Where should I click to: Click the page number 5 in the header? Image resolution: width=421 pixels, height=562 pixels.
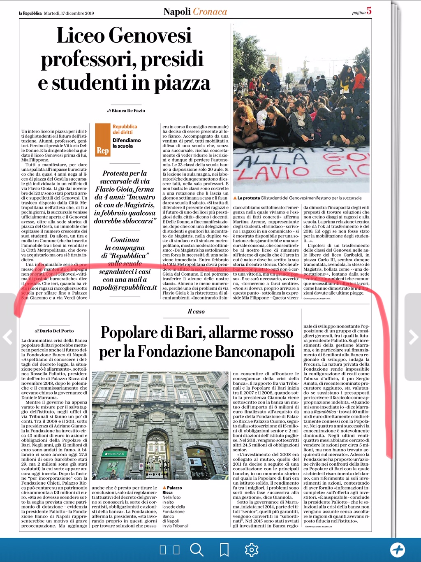369,11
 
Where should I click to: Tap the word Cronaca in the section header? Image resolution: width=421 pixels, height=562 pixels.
210,12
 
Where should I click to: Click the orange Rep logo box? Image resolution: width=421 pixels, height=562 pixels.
102,140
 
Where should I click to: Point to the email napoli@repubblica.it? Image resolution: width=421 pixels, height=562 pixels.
125,288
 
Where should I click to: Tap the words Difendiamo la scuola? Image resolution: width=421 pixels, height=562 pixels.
126,143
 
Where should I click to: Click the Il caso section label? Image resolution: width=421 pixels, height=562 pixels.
196,311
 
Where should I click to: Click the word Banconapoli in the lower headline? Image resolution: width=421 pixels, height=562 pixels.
254,352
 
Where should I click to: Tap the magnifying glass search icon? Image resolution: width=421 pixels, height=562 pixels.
197,550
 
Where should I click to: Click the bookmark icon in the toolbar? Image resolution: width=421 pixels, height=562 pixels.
224,550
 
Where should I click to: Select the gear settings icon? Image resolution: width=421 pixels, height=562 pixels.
251,550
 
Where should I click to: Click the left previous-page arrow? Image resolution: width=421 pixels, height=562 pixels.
8,337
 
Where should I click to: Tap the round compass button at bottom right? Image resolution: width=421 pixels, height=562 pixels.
397,550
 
